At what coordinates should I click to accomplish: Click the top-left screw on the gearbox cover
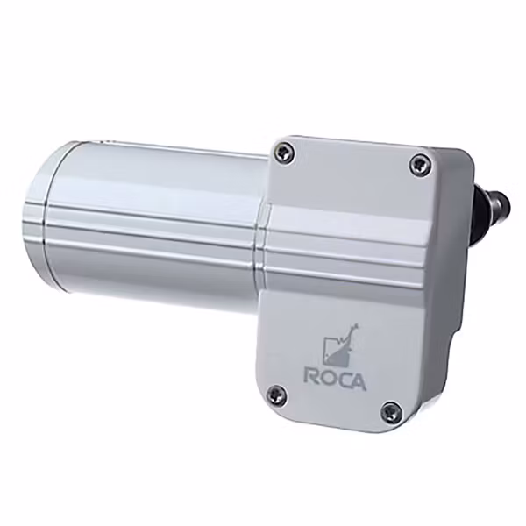pyautogui.click(x=281, y=153)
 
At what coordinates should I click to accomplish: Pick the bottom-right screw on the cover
pyautogui.click(x=392, y=410)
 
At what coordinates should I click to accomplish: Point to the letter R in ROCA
pyautogui.click(x=311, y=375)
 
